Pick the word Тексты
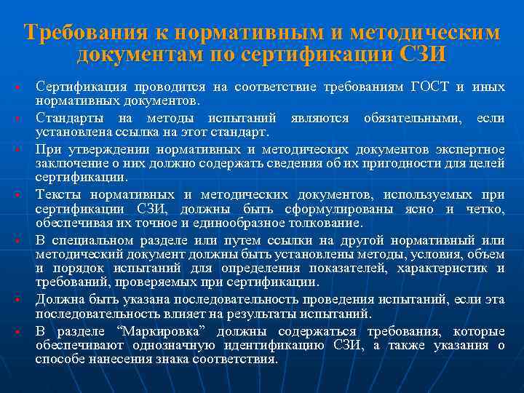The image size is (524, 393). click(x=57, y=195)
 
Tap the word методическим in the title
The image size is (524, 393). click(x=425, y=33)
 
